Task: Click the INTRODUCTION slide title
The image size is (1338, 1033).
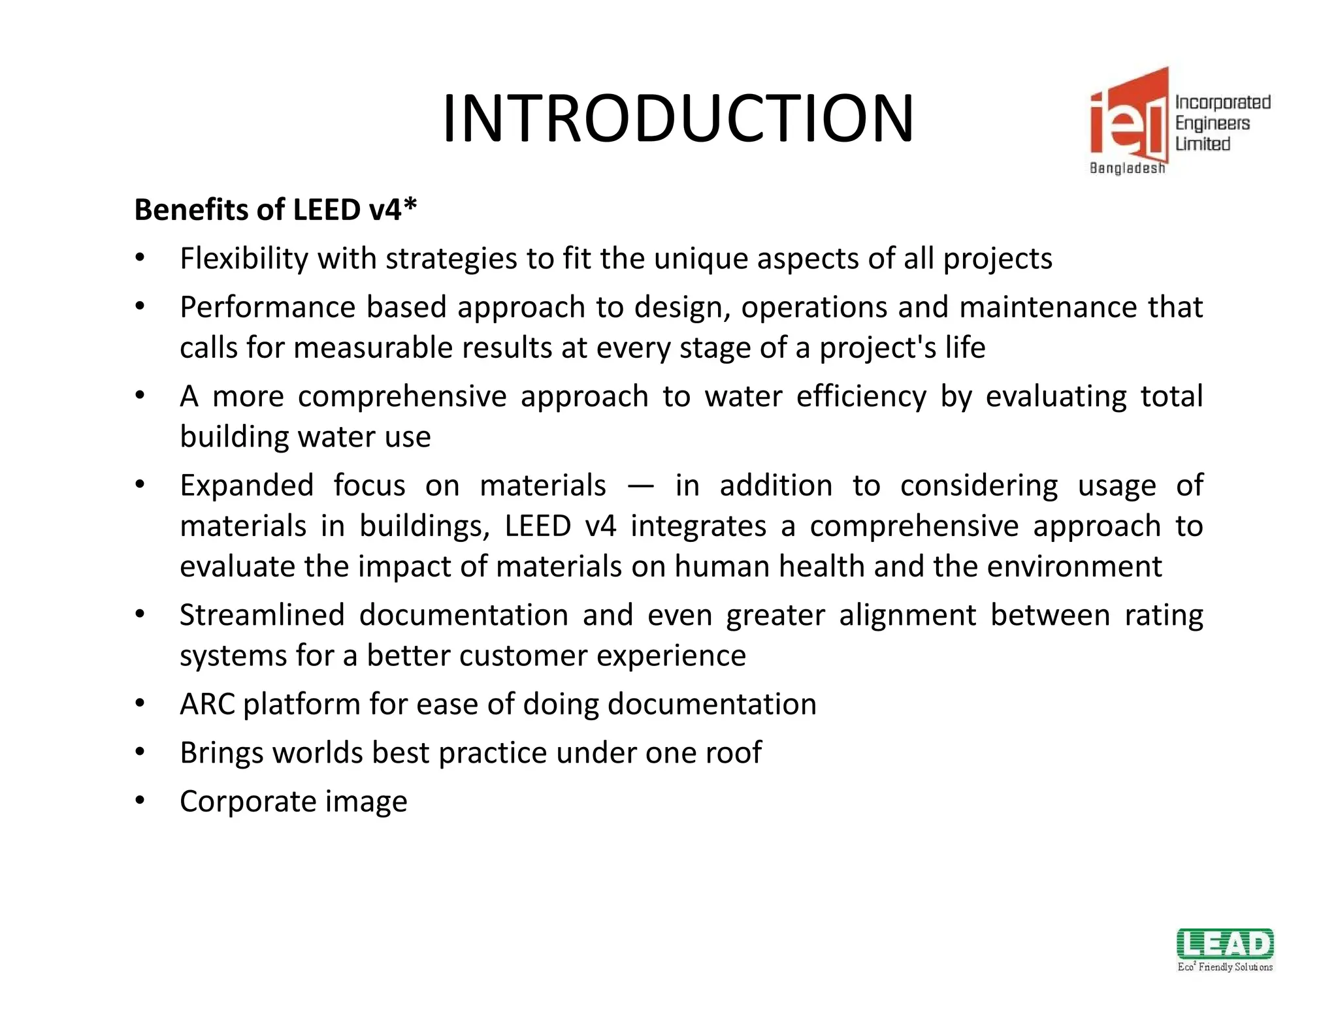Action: coord(677,119)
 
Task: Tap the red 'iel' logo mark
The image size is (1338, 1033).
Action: coord(1128,118)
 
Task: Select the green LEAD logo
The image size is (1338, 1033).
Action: coord(1225,944)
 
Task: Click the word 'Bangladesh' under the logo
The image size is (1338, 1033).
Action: coord(1127,168)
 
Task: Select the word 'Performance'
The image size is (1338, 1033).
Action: coord(267,308)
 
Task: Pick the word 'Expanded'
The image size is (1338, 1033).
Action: coord(246,486)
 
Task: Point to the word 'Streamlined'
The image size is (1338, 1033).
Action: coord(262,615)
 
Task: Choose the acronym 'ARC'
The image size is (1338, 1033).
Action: coord(207,705)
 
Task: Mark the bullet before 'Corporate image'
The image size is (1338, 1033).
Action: coord(140,801)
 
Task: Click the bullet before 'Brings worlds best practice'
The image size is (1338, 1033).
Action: coord(140,752)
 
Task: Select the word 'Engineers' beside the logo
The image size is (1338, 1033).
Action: coord(1212,123)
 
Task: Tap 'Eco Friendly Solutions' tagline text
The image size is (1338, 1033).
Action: coord(1225,967)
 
